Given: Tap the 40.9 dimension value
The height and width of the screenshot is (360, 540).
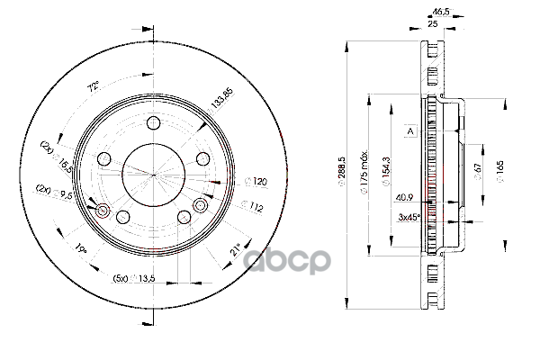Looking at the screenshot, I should [x=404, y=198].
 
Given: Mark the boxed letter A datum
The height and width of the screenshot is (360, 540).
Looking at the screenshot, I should [x=409, y=131].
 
